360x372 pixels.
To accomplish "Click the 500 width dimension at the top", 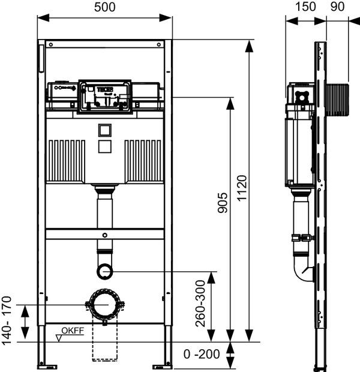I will point(104,7).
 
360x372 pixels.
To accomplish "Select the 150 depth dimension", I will point(305,7).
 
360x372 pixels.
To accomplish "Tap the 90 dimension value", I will point(337,7).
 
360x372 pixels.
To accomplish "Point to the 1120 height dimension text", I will point(241,190).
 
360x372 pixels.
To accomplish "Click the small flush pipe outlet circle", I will point(104,272).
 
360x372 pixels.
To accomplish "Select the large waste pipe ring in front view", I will point(104,305).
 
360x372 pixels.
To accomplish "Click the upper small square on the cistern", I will point(104,130).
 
